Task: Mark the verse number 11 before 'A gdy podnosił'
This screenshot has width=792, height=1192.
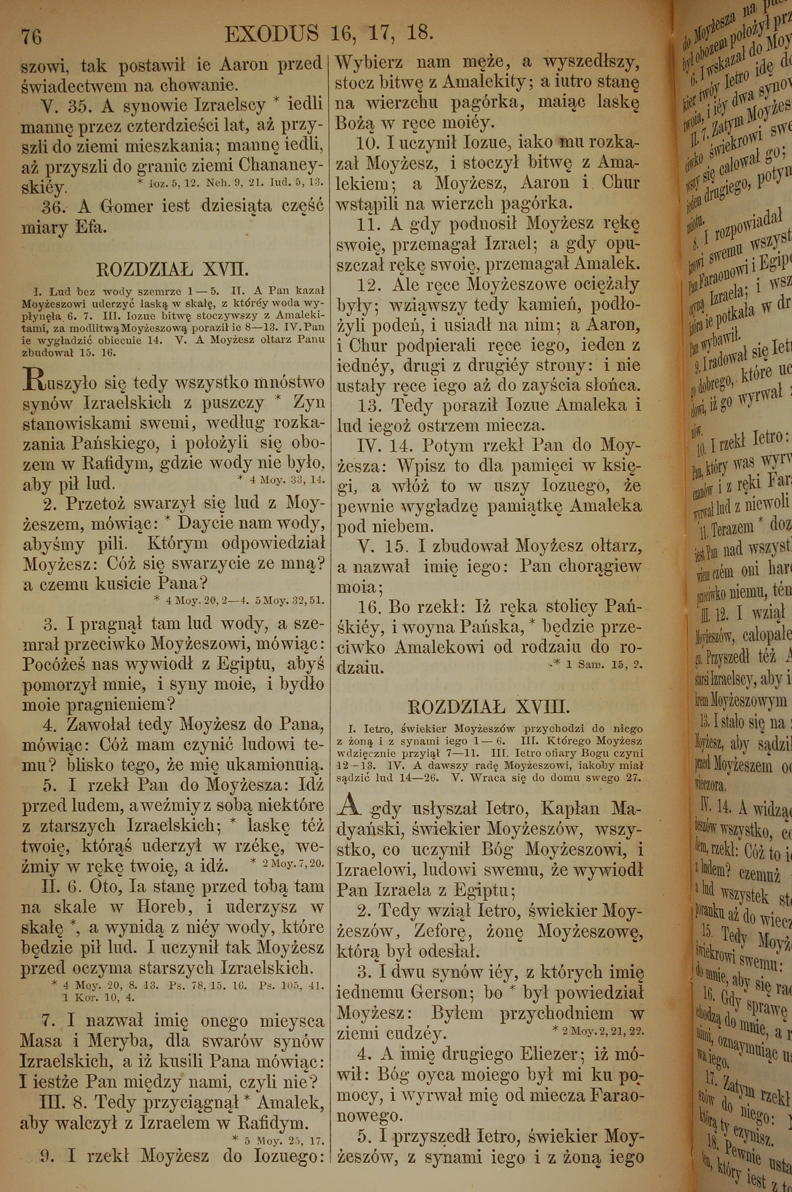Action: pos(367,224)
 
